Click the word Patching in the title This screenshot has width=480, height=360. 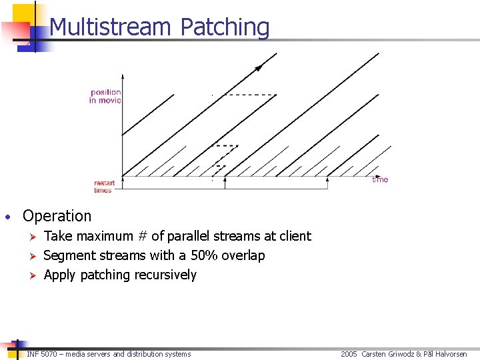click(225, 27)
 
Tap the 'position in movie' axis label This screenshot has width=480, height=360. click(105, 96)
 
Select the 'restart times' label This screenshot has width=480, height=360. click(103, 187)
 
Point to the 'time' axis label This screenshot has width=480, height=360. click(380, 179)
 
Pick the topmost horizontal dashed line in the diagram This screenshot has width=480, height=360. click(253, 95)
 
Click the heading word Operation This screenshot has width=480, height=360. click(57, 216)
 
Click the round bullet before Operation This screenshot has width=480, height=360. click(7, 217)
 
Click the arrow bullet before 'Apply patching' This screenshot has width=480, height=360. click(29, 275)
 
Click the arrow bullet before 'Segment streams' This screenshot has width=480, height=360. click(29, 255)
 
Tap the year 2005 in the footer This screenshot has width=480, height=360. click(349, 354)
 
